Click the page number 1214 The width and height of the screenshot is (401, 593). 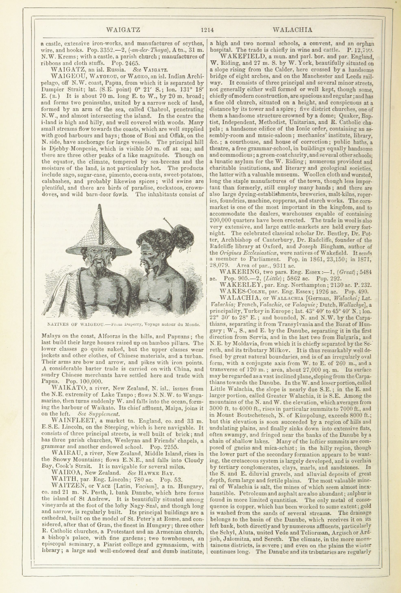[x=207, y=30]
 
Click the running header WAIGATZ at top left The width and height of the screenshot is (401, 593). [x=123, y=30]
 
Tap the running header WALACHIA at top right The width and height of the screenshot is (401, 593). [x=292, y=30]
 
